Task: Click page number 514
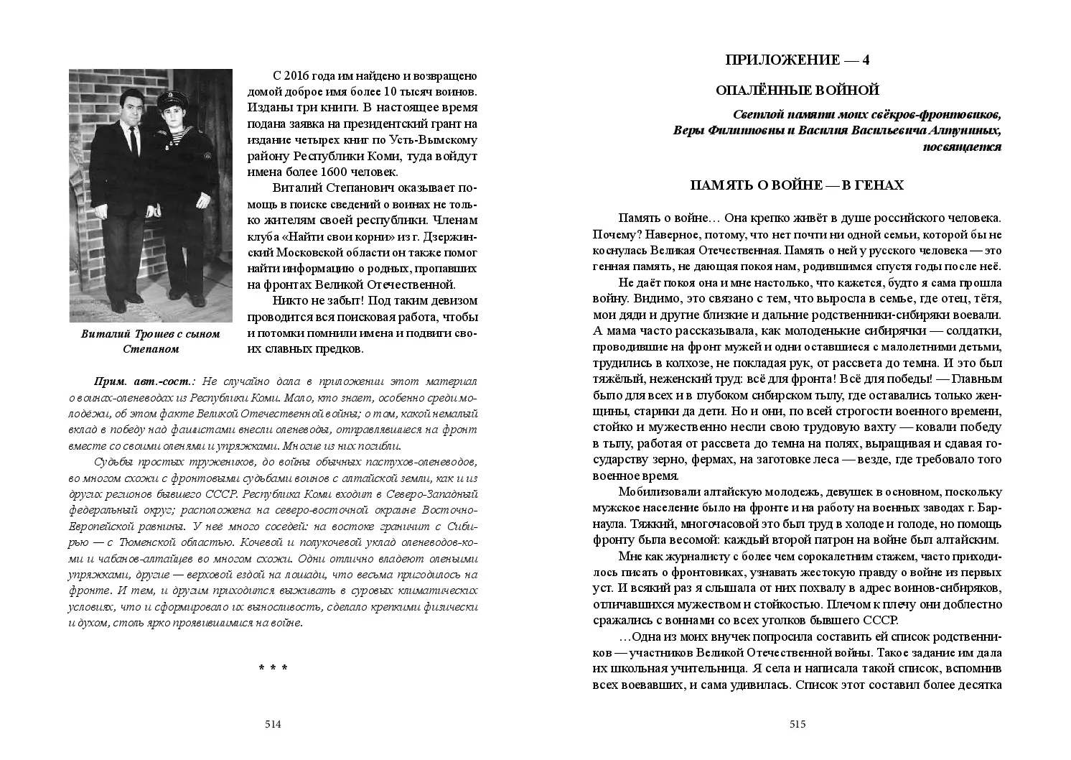273,724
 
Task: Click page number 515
798,724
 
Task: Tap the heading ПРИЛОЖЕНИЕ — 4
798,60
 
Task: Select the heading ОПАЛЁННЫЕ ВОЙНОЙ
798,91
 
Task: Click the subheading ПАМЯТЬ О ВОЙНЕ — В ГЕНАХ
797,185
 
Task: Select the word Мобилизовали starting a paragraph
656,492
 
